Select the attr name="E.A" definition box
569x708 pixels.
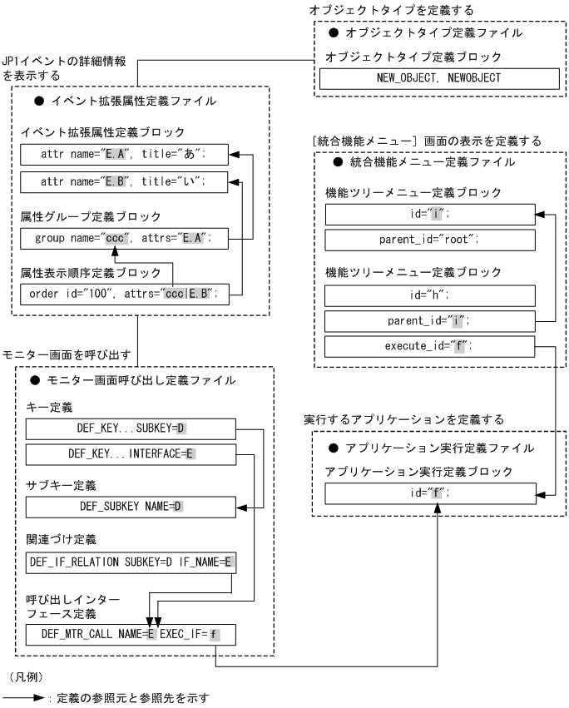(123, 155)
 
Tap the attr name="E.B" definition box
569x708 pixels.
(123, 181)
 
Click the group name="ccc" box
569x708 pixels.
(123, 238)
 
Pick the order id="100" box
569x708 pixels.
(123, 294)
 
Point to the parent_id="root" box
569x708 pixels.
(428, 241)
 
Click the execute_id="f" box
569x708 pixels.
(428, 347)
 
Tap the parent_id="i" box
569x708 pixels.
(428, 320)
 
